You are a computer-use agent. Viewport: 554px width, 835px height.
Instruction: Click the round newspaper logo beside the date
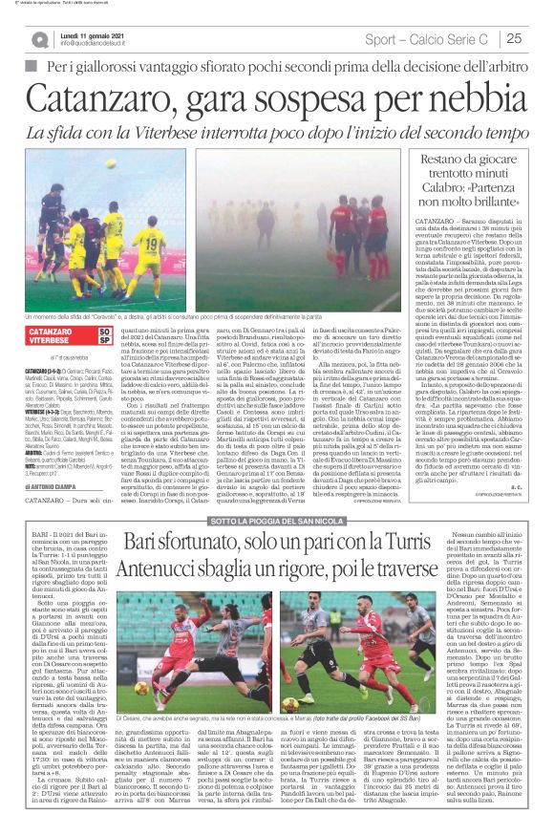pyautogui.click(x=39, y=39)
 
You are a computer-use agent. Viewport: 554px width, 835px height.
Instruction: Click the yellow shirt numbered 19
pyautogui.click(x=150, y=250)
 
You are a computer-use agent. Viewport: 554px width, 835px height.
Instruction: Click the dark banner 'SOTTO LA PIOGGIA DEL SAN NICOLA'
pyautogui.click(x=277, y=521)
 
